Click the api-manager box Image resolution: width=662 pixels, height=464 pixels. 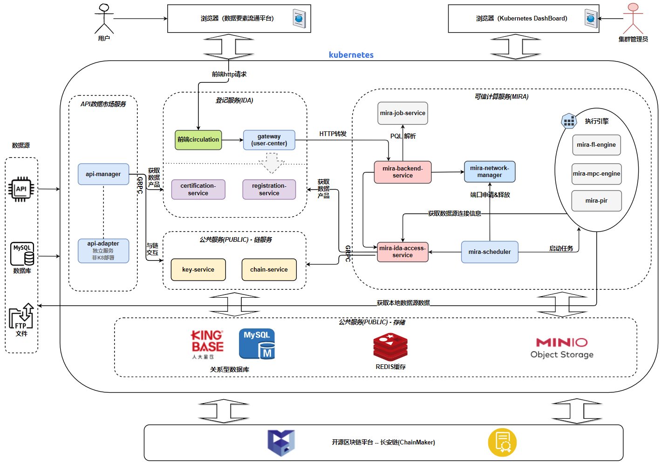point(103,174)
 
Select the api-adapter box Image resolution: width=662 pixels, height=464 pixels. point(103,251)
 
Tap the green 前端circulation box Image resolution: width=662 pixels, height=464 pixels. point(198,140)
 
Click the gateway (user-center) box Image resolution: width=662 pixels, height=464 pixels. point(269,140)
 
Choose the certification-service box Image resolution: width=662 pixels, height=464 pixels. point(198,190)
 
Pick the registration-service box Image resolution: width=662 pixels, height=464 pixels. point(269,190)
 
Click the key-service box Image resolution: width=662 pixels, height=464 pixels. point(198,270)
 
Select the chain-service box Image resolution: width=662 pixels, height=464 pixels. point(269,270)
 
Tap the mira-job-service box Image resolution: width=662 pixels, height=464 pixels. point(403,113)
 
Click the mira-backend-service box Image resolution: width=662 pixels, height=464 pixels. point(403,172)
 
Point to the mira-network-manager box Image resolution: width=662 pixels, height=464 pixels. point(490,171)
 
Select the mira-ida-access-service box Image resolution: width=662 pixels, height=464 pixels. point(403,252)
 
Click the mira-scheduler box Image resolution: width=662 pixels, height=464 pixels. point(490,252)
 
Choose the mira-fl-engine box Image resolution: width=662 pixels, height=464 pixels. point(596,145)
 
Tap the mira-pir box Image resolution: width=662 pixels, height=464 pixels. point(596,201)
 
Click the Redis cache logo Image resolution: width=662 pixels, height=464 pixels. point(390,348)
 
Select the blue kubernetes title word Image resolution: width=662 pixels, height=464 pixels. point(351,55)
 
